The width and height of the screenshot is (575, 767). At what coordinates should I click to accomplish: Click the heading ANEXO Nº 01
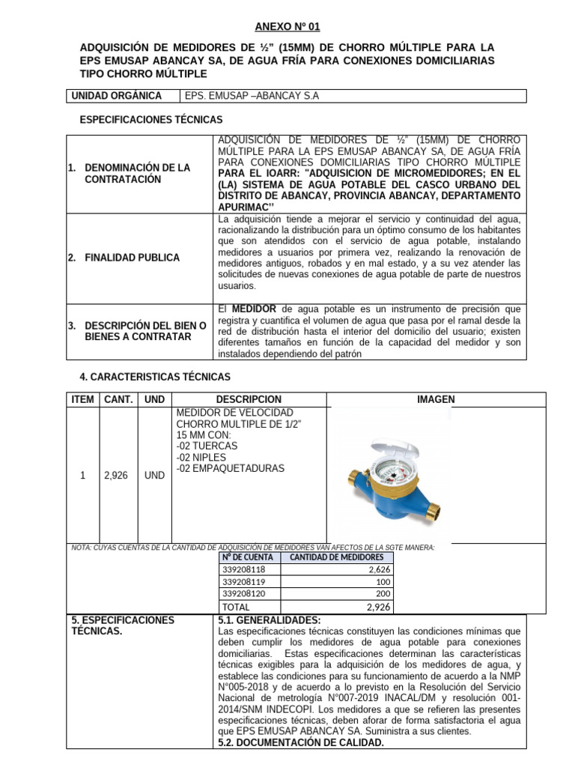click(x=287, y=27)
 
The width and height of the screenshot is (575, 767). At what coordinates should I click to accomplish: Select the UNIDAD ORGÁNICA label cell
click(x=116, y=96)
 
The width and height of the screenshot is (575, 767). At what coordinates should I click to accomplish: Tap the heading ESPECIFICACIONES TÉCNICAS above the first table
click(x=150, y=120)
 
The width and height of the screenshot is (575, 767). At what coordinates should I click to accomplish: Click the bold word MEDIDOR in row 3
click(x=253, y=309)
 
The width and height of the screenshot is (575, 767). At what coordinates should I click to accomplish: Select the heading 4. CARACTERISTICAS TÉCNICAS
click(x=155, y=377)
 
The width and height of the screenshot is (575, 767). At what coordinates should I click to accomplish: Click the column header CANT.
click(x=118, y=400)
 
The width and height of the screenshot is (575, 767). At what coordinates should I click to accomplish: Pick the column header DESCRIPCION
click(x=249, y=400)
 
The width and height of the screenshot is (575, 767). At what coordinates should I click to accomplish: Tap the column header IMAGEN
click(x=436, y=400)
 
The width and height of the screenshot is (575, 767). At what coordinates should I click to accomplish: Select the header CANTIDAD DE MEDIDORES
click(x=336, y=557)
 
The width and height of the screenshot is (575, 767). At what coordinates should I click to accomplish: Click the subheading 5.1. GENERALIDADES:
click(x=269, y=620)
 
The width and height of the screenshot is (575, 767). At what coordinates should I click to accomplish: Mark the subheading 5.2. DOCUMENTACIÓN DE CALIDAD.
click(x=300, y=742)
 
